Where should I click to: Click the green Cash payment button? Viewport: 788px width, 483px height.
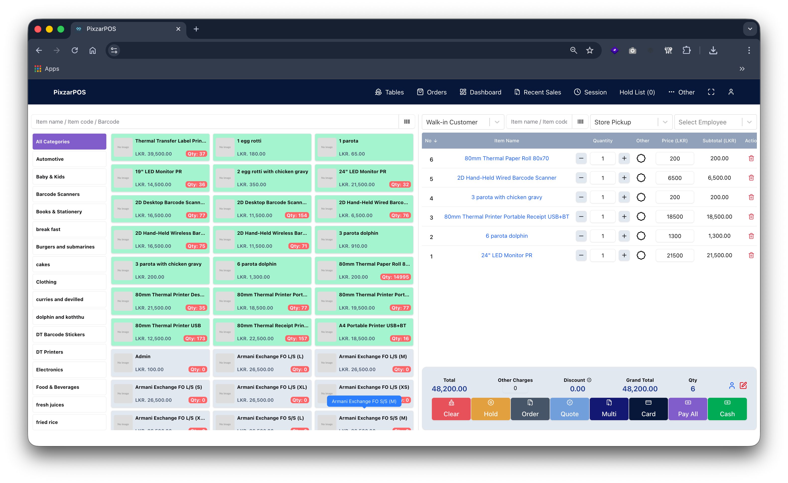727,409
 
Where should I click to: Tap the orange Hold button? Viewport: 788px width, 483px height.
490,409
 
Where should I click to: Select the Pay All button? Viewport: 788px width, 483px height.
688,409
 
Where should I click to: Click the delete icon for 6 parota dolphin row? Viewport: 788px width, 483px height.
751,236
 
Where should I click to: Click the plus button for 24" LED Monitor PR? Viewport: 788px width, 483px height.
624,255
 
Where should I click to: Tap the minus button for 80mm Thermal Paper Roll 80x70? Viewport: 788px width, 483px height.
581,159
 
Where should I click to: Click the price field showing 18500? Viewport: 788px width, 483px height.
674,217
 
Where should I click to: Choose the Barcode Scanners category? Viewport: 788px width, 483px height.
69,194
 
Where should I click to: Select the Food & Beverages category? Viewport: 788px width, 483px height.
69,387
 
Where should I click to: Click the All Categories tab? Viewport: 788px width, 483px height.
69,142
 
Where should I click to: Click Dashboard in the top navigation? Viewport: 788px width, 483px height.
480,92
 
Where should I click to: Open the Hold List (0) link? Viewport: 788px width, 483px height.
637,92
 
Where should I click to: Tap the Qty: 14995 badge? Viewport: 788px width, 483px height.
395,277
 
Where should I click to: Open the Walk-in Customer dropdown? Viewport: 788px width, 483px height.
462,122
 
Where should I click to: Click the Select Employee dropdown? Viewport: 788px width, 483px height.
715,122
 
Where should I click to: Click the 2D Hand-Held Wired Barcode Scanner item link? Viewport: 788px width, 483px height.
506,178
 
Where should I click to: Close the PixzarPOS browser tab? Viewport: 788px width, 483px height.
178,29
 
